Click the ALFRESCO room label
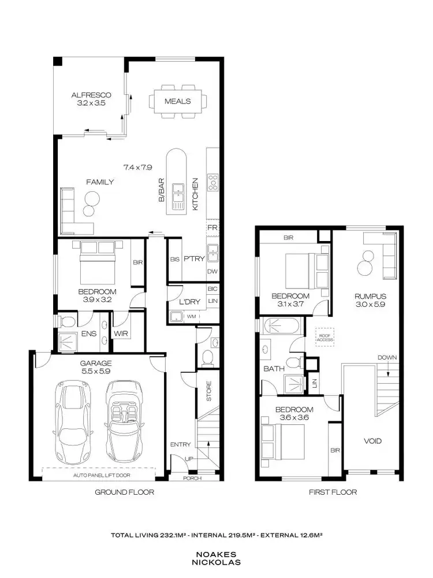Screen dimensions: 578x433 (91, 95)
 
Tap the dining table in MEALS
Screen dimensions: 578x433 (178, 101)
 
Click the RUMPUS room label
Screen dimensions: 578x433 (370, 297)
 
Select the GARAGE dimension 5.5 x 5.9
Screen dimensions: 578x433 (95, 373)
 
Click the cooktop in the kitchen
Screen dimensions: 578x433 (212, 183)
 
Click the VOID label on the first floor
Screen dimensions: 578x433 (372, 441)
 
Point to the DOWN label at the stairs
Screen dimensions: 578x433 (387, 357)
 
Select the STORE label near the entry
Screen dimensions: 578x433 (209, 392)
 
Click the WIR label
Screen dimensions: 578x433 (121, 334)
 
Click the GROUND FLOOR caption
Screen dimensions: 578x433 (124, 492)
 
